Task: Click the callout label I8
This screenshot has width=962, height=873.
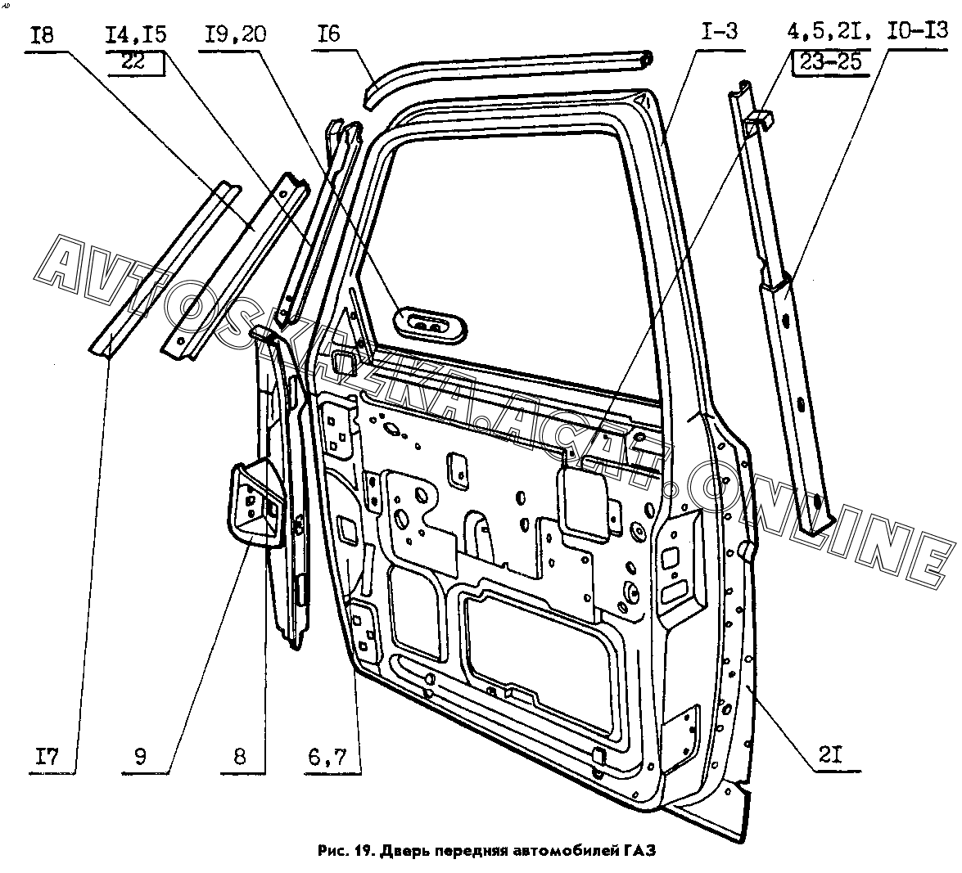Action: coord(43,35)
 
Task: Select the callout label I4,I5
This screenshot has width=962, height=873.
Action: coord(136,34)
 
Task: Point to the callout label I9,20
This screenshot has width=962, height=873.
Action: coord(236,34)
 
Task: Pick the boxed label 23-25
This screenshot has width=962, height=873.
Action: coord(831,61)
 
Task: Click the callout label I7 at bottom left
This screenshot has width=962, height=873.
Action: coord(46,757)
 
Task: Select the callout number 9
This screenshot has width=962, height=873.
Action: coord(140,757)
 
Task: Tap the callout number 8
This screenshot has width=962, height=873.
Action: coord(239,757)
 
